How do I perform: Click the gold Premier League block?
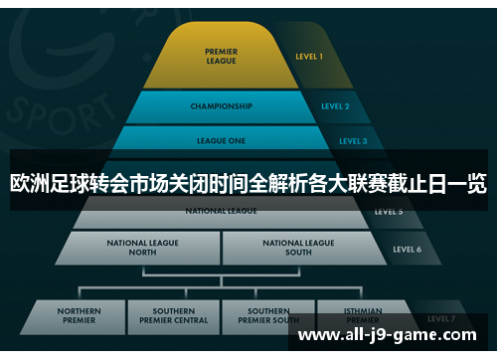pyautogui.click(x=221, y=57)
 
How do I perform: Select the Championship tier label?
pyautogui.click(x=221, y=106)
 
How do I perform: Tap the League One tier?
pyautogui.click(x=221, y=140)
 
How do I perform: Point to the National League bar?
pyautogui.click(x=221, y=211)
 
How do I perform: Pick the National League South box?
pyautogui.click(x=298, y=247)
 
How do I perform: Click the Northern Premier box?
pyautogui.click(x=80, y=316)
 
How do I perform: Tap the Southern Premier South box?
pyautogui.click(x=268, y=316)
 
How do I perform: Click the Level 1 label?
pyautogui.click(x=308, y=57)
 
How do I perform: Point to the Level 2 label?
pyautogui.click(x=335, y=106)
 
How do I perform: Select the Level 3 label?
pyautogui.click(x=352, y=141)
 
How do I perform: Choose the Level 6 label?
pyautogui.click(x=408, y=249)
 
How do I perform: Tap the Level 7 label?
pyautogui.click(x=441, y=318)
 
